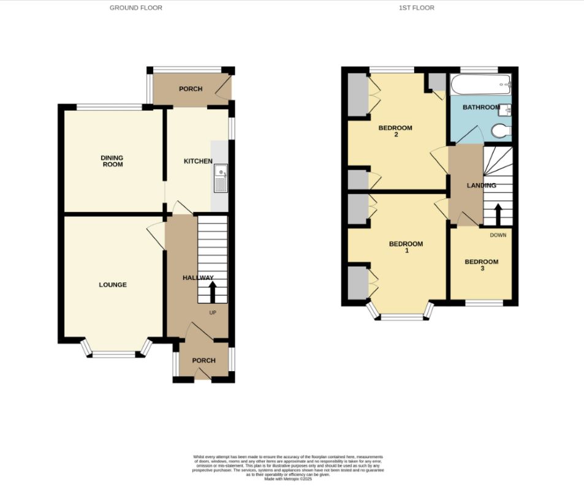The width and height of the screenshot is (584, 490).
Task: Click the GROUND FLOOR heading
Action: [136, 8]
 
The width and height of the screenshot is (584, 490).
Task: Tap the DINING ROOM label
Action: [112, 161]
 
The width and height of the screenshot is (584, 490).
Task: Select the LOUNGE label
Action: [113, 285]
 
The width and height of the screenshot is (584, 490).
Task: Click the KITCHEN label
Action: [199, 162]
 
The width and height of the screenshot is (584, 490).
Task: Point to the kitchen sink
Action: [220, 176]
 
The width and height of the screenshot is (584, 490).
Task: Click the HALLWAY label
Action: [198, 278]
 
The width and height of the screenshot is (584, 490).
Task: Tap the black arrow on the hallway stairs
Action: [213, 292]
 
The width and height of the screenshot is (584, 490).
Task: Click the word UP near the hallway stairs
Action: [213, 313]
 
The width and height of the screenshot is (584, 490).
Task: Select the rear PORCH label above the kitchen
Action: [191, 89]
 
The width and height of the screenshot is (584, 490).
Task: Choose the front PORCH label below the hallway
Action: [203, 361]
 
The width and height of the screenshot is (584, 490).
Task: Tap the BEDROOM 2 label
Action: [395, 131]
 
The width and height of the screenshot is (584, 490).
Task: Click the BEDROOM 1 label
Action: [406, 247]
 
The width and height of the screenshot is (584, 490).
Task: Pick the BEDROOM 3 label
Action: [481, 265]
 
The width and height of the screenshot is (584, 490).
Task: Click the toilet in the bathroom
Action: [501, 130]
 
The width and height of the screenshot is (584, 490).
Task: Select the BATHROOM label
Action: [481, 108]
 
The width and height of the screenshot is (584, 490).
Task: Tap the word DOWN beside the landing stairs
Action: [498, 235]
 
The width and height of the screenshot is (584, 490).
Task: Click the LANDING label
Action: [481, 186]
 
